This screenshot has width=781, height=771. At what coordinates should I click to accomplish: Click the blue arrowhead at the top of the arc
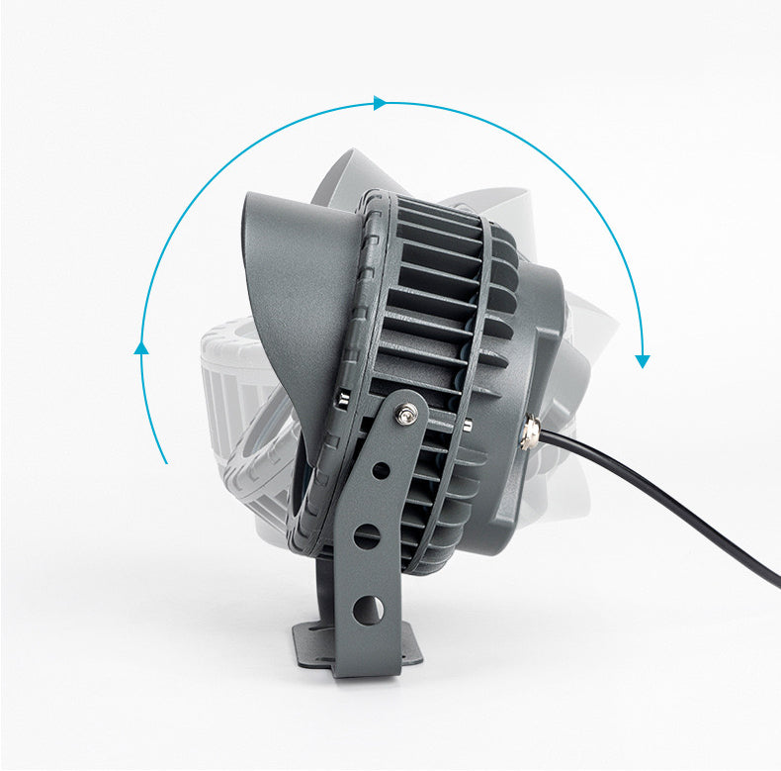[379, 103]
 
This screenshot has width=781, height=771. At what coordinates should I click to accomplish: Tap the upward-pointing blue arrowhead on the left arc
[141, 347]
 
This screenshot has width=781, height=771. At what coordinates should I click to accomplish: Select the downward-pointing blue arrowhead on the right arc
[643, 360]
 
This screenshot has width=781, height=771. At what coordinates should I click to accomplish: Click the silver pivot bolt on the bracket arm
[405, 415]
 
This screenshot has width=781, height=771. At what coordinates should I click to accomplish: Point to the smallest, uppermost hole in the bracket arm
[381, 470]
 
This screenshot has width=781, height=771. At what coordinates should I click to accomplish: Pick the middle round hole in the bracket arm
[367, 536]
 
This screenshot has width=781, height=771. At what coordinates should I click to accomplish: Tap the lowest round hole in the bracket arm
[368, 610]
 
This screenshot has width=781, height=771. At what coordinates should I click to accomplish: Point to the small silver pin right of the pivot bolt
[466, 425]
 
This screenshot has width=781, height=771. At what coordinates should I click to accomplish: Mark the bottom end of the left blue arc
[166, 461]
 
